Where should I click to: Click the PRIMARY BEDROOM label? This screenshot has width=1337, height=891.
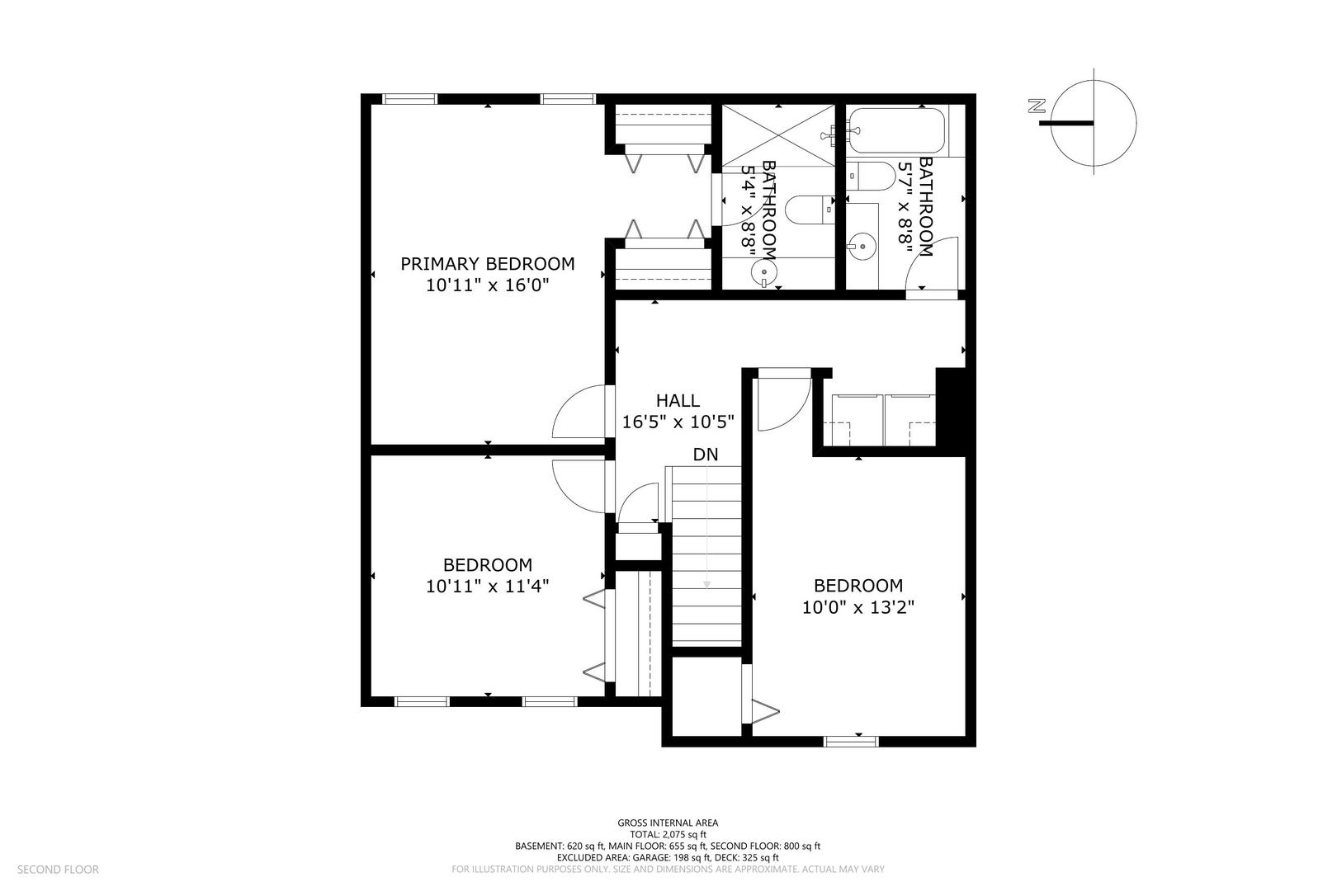tap(487, 264)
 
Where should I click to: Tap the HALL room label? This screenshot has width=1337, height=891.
tap(678, 401)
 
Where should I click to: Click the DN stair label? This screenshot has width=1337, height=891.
tap(705, 455)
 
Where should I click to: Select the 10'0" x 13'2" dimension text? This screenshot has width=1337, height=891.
tap(857, 607)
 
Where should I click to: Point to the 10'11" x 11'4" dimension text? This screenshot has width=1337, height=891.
tap(487, 587)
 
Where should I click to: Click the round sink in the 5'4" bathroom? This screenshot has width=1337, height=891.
tap(764, 271)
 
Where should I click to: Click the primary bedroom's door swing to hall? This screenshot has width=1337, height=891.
tap(578, 412)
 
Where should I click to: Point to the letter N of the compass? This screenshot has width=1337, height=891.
tap(1037, 105)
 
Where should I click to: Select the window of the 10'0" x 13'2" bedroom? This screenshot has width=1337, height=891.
tap(851, 741)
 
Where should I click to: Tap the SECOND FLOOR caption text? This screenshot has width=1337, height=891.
tap(58, 869)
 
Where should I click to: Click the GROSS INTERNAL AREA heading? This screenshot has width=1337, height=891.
tap(668, 823)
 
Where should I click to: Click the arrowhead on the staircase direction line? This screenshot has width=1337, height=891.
tap(706, 584)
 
